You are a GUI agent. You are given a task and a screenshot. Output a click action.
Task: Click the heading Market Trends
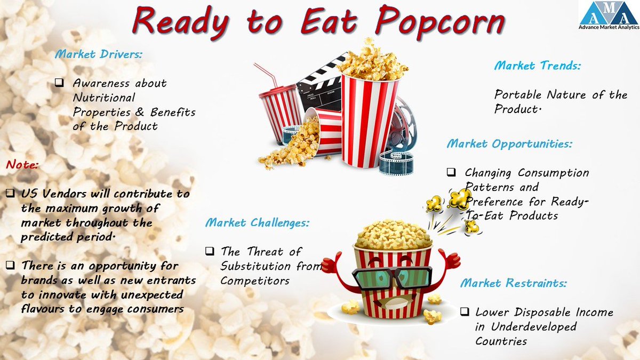point(537,66)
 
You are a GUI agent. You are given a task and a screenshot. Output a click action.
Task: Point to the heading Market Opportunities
point(509,144)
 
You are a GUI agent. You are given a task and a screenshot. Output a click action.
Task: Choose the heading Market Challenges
point(257,223)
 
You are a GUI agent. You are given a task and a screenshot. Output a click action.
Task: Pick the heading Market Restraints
point(513,283)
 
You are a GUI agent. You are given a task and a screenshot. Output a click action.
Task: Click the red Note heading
point(22,165)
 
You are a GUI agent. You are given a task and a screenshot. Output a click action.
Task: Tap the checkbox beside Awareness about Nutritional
point(60,83)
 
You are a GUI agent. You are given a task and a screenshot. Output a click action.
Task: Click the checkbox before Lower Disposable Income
point(465,312)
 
